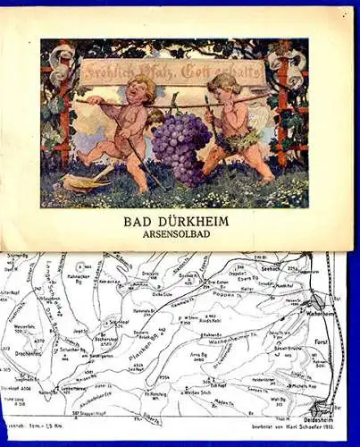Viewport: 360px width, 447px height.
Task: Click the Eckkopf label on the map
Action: pyautogui.click(x=220, y=383)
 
